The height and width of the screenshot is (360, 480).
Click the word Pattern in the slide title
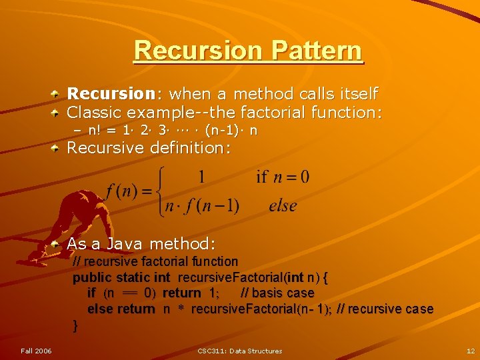click(x=317, y=51)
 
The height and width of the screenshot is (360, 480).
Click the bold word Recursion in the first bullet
click(x=111, y=94)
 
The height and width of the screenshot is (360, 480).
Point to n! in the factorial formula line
click(x=97, y=131)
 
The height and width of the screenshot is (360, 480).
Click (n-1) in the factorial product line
click(x=225, y=131)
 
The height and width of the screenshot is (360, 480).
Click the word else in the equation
click(x=283, y=206)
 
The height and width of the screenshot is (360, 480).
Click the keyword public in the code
click(x=93, y=277)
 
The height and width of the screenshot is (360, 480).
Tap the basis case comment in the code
click(x=277, y=293)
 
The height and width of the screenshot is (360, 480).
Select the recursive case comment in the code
click(x=385, y=309)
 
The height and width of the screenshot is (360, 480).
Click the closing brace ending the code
click(x=75, y=325)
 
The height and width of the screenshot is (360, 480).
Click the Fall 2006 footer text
click(x=36, y=351)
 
